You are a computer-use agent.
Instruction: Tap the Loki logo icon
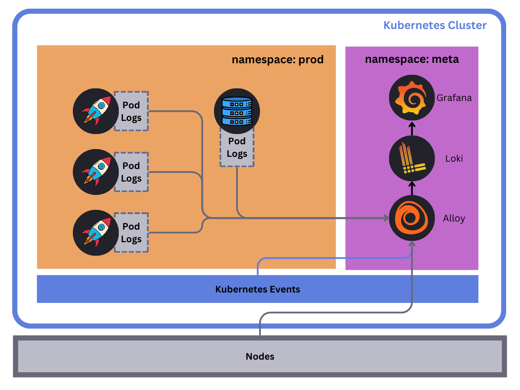tap(412, 158)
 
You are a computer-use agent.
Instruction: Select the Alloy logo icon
tap(412, 218)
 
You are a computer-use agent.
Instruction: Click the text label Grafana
tap(454, 97)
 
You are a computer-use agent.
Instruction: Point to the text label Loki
tap(454, 158)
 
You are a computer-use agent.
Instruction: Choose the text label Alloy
tap(454, 218)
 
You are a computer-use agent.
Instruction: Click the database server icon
tap(237, 111)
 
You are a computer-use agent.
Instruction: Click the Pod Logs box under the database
tap(237, 148)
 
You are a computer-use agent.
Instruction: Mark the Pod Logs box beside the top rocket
tap(131, 111)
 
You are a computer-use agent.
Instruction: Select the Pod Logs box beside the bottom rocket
tap(131, 233)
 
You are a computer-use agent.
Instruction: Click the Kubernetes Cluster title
tap(435, 25)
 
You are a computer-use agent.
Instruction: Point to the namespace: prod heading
tap(277, 59)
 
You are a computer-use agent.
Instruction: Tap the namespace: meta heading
tap(412, 59)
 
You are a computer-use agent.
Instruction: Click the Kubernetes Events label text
tap(257, 289)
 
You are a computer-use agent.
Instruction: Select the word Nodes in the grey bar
tap(260, 357)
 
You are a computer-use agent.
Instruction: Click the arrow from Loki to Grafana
tap(412, 128)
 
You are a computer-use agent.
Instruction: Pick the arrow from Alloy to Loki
tap(412, 188)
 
